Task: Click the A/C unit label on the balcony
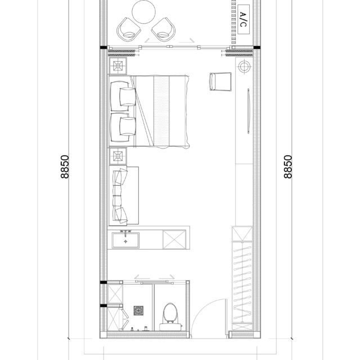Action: (244, 20)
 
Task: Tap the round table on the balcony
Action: (144, 11)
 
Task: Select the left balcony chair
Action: (128, 29)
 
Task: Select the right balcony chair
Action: (164, 29)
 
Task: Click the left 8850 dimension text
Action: (65, 166)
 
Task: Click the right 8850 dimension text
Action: (288, 166)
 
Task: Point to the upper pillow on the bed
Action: (128, 97)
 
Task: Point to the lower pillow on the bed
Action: (128, 126)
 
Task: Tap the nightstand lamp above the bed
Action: (118, 66)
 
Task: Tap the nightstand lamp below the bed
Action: (118, 156)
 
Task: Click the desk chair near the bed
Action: (220, 82)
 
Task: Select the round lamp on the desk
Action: (244, 66)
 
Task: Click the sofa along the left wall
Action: (124, 195)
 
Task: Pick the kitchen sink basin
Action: (125, 240)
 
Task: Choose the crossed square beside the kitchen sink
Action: (174, 240)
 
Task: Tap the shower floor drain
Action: (138, 310)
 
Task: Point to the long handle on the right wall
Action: (248, 111)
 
